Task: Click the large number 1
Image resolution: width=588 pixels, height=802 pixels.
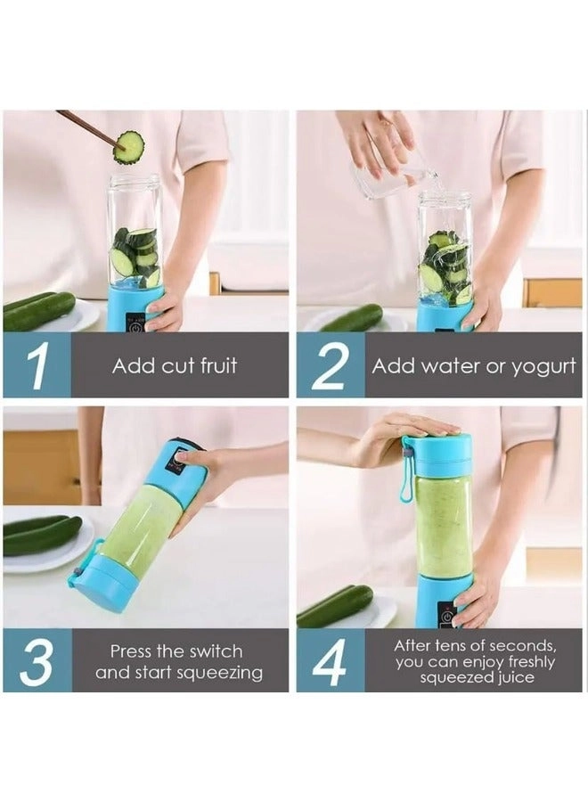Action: point(36,365)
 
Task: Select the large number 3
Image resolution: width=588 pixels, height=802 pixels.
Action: point(36,661)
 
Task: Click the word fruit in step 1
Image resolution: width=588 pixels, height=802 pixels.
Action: point(217,366)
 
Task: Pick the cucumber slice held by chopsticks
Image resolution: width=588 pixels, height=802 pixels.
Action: point(129,147)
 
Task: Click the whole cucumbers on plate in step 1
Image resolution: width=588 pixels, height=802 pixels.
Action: point(40,311)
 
